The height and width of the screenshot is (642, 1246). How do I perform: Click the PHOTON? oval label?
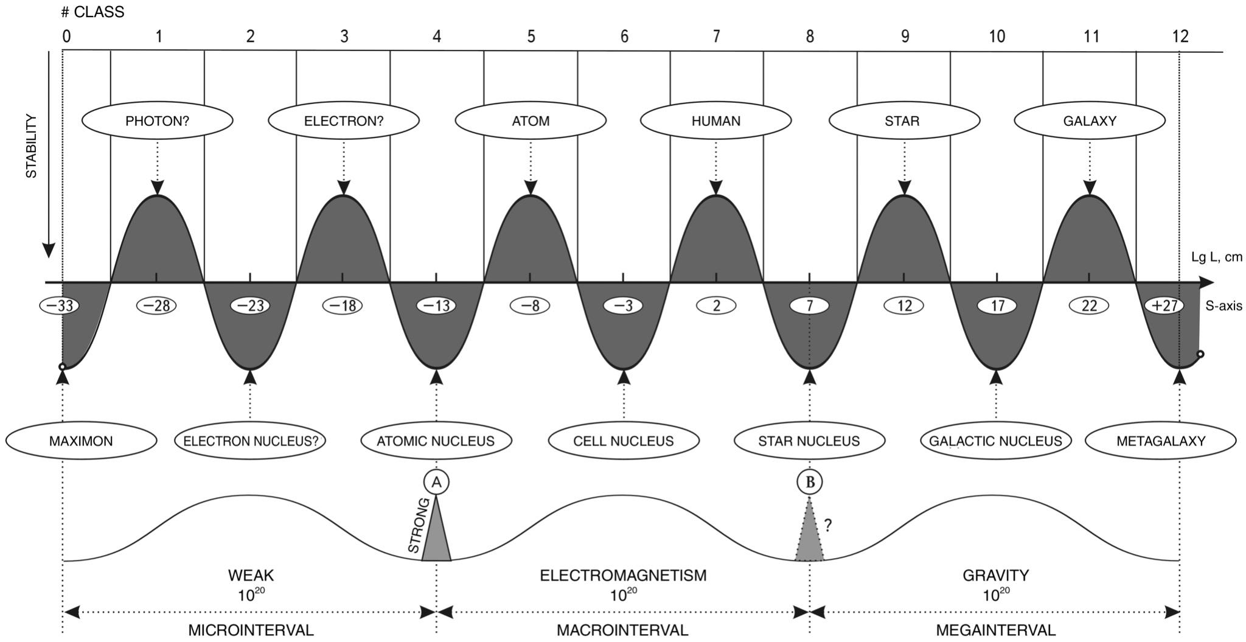click(157, 120)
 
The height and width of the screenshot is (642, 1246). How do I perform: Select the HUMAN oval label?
click(715, 120)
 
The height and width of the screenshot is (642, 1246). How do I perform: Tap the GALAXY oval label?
click(1089, 120)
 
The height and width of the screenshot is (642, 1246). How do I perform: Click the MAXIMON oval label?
click(81, 441)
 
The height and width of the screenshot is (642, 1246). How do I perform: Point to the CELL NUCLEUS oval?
click(624, 441)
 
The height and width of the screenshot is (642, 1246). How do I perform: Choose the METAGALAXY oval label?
click(1160, 441)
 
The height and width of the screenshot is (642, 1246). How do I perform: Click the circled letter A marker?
click(436, 482)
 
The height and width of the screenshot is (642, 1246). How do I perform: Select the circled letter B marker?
click(810, 482)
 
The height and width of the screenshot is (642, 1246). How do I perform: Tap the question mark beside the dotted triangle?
click(827, 525)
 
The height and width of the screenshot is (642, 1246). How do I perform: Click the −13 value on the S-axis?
click(436, 305)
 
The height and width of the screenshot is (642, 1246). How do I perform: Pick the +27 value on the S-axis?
click(1164, 305)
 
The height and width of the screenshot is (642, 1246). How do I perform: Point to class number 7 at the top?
click(716, 37)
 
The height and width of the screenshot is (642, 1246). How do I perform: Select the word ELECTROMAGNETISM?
click(623, 575)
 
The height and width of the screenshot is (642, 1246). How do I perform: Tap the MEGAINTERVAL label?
click(995, 630)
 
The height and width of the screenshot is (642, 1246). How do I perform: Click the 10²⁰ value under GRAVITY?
click(995, 595)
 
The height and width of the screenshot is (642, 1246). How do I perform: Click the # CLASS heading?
click(92, 12)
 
